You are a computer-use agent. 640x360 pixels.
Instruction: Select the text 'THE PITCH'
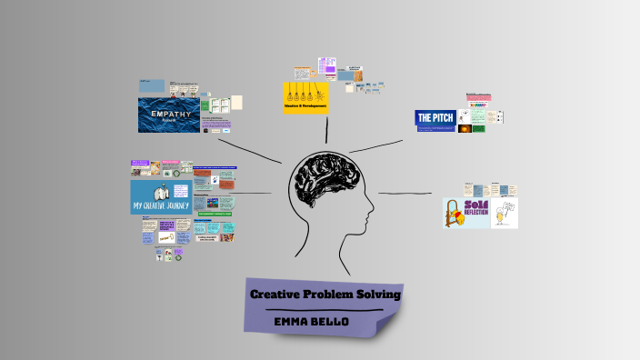(435, 117)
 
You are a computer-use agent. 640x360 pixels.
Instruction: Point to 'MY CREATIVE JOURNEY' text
(162, 205)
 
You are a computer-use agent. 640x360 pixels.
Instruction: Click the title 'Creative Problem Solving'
(325, 295)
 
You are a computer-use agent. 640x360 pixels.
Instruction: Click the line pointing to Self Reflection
(404, 194)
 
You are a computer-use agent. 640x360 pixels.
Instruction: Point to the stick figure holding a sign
(505, 215)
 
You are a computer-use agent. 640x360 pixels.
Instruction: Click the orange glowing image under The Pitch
(465, 129)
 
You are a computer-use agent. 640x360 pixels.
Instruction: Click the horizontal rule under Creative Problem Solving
(324, 310)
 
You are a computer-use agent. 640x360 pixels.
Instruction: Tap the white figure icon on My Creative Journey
(162, 193)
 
